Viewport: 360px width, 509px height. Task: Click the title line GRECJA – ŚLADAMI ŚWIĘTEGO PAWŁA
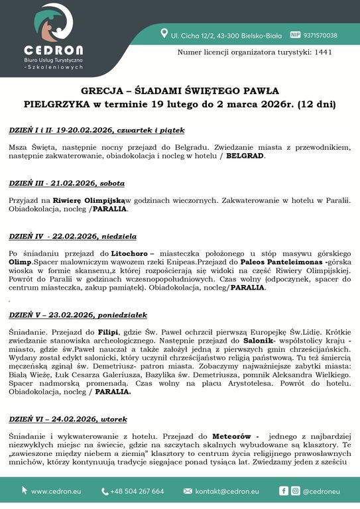pyautogui.click(x=180, y=90)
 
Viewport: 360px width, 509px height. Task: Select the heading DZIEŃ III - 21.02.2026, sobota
pyautogui.click(x=67, y=182)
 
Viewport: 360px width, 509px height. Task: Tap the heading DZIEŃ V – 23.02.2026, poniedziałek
pyautogui.click(x=78, y=315)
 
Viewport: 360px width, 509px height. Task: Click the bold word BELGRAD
pyautogui.click(x=245, y=156)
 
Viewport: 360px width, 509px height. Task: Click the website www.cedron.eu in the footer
pyautogui.click(x=56, y=491)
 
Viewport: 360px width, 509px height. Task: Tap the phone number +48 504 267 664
pyautogui.click(x=138, y=491)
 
